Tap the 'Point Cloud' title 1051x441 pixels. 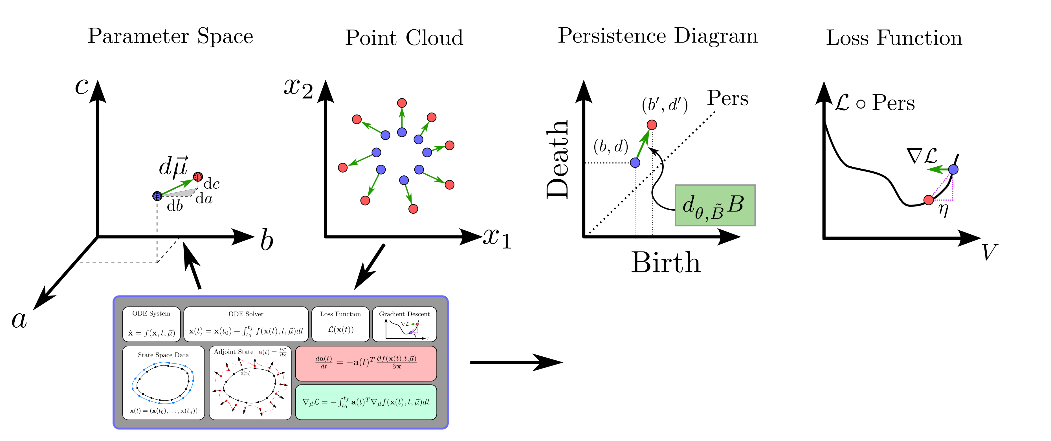point(404,38)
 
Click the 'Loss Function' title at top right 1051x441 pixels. point(894,38)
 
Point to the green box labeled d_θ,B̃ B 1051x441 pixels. point(715,205)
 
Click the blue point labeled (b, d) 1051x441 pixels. point(635,162)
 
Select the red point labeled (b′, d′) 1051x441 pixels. point(652,124)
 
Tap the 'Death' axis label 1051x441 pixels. point(557,159)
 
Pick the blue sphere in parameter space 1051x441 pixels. point(157,196)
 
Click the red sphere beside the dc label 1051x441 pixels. point(198,177)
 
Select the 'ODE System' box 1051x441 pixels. point(151,324)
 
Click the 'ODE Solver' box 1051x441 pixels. point(246,324)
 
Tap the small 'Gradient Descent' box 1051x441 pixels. point(404,324)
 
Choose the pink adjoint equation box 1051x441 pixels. point(366,363)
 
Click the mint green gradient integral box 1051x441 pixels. point(366,402)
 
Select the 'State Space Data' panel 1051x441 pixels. point(163,382)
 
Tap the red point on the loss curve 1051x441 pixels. point(929,200)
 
